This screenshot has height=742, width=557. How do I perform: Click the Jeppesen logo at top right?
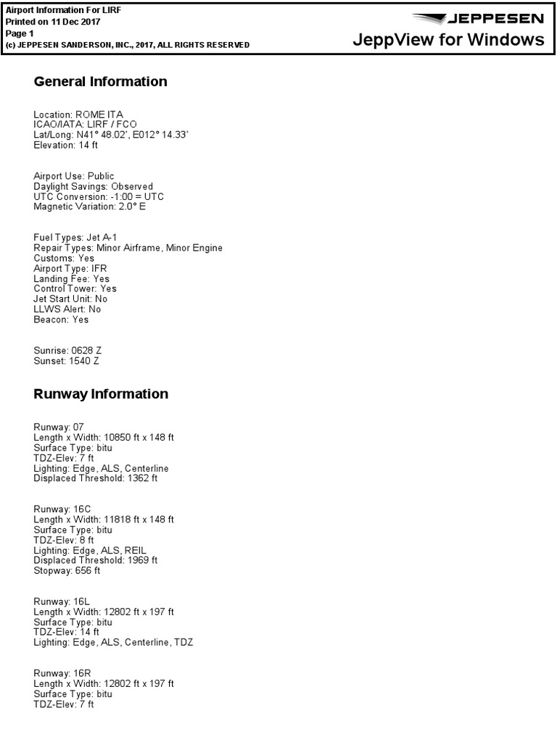477,18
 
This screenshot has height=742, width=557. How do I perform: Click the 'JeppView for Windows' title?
448,40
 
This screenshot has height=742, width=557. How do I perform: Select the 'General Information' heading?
100,82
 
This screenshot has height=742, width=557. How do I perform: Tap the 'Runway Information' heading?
101,394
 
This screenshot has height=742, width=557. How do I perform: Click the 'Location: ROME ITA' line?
78,114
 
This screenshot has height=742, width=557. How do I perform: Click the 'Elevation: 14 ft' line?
65,145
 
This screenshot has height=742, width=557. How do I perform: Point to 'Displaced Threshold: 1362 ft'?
95,478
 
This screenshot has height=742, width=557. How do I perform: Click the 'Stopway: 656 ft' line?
67,571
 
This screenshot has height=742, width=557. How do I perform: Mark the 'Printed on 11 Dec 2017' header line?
53,22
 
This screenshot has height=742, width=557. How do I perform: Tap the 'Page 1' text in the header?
20,33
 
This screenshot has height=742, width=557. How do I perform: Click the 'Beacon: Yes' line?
61,320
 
